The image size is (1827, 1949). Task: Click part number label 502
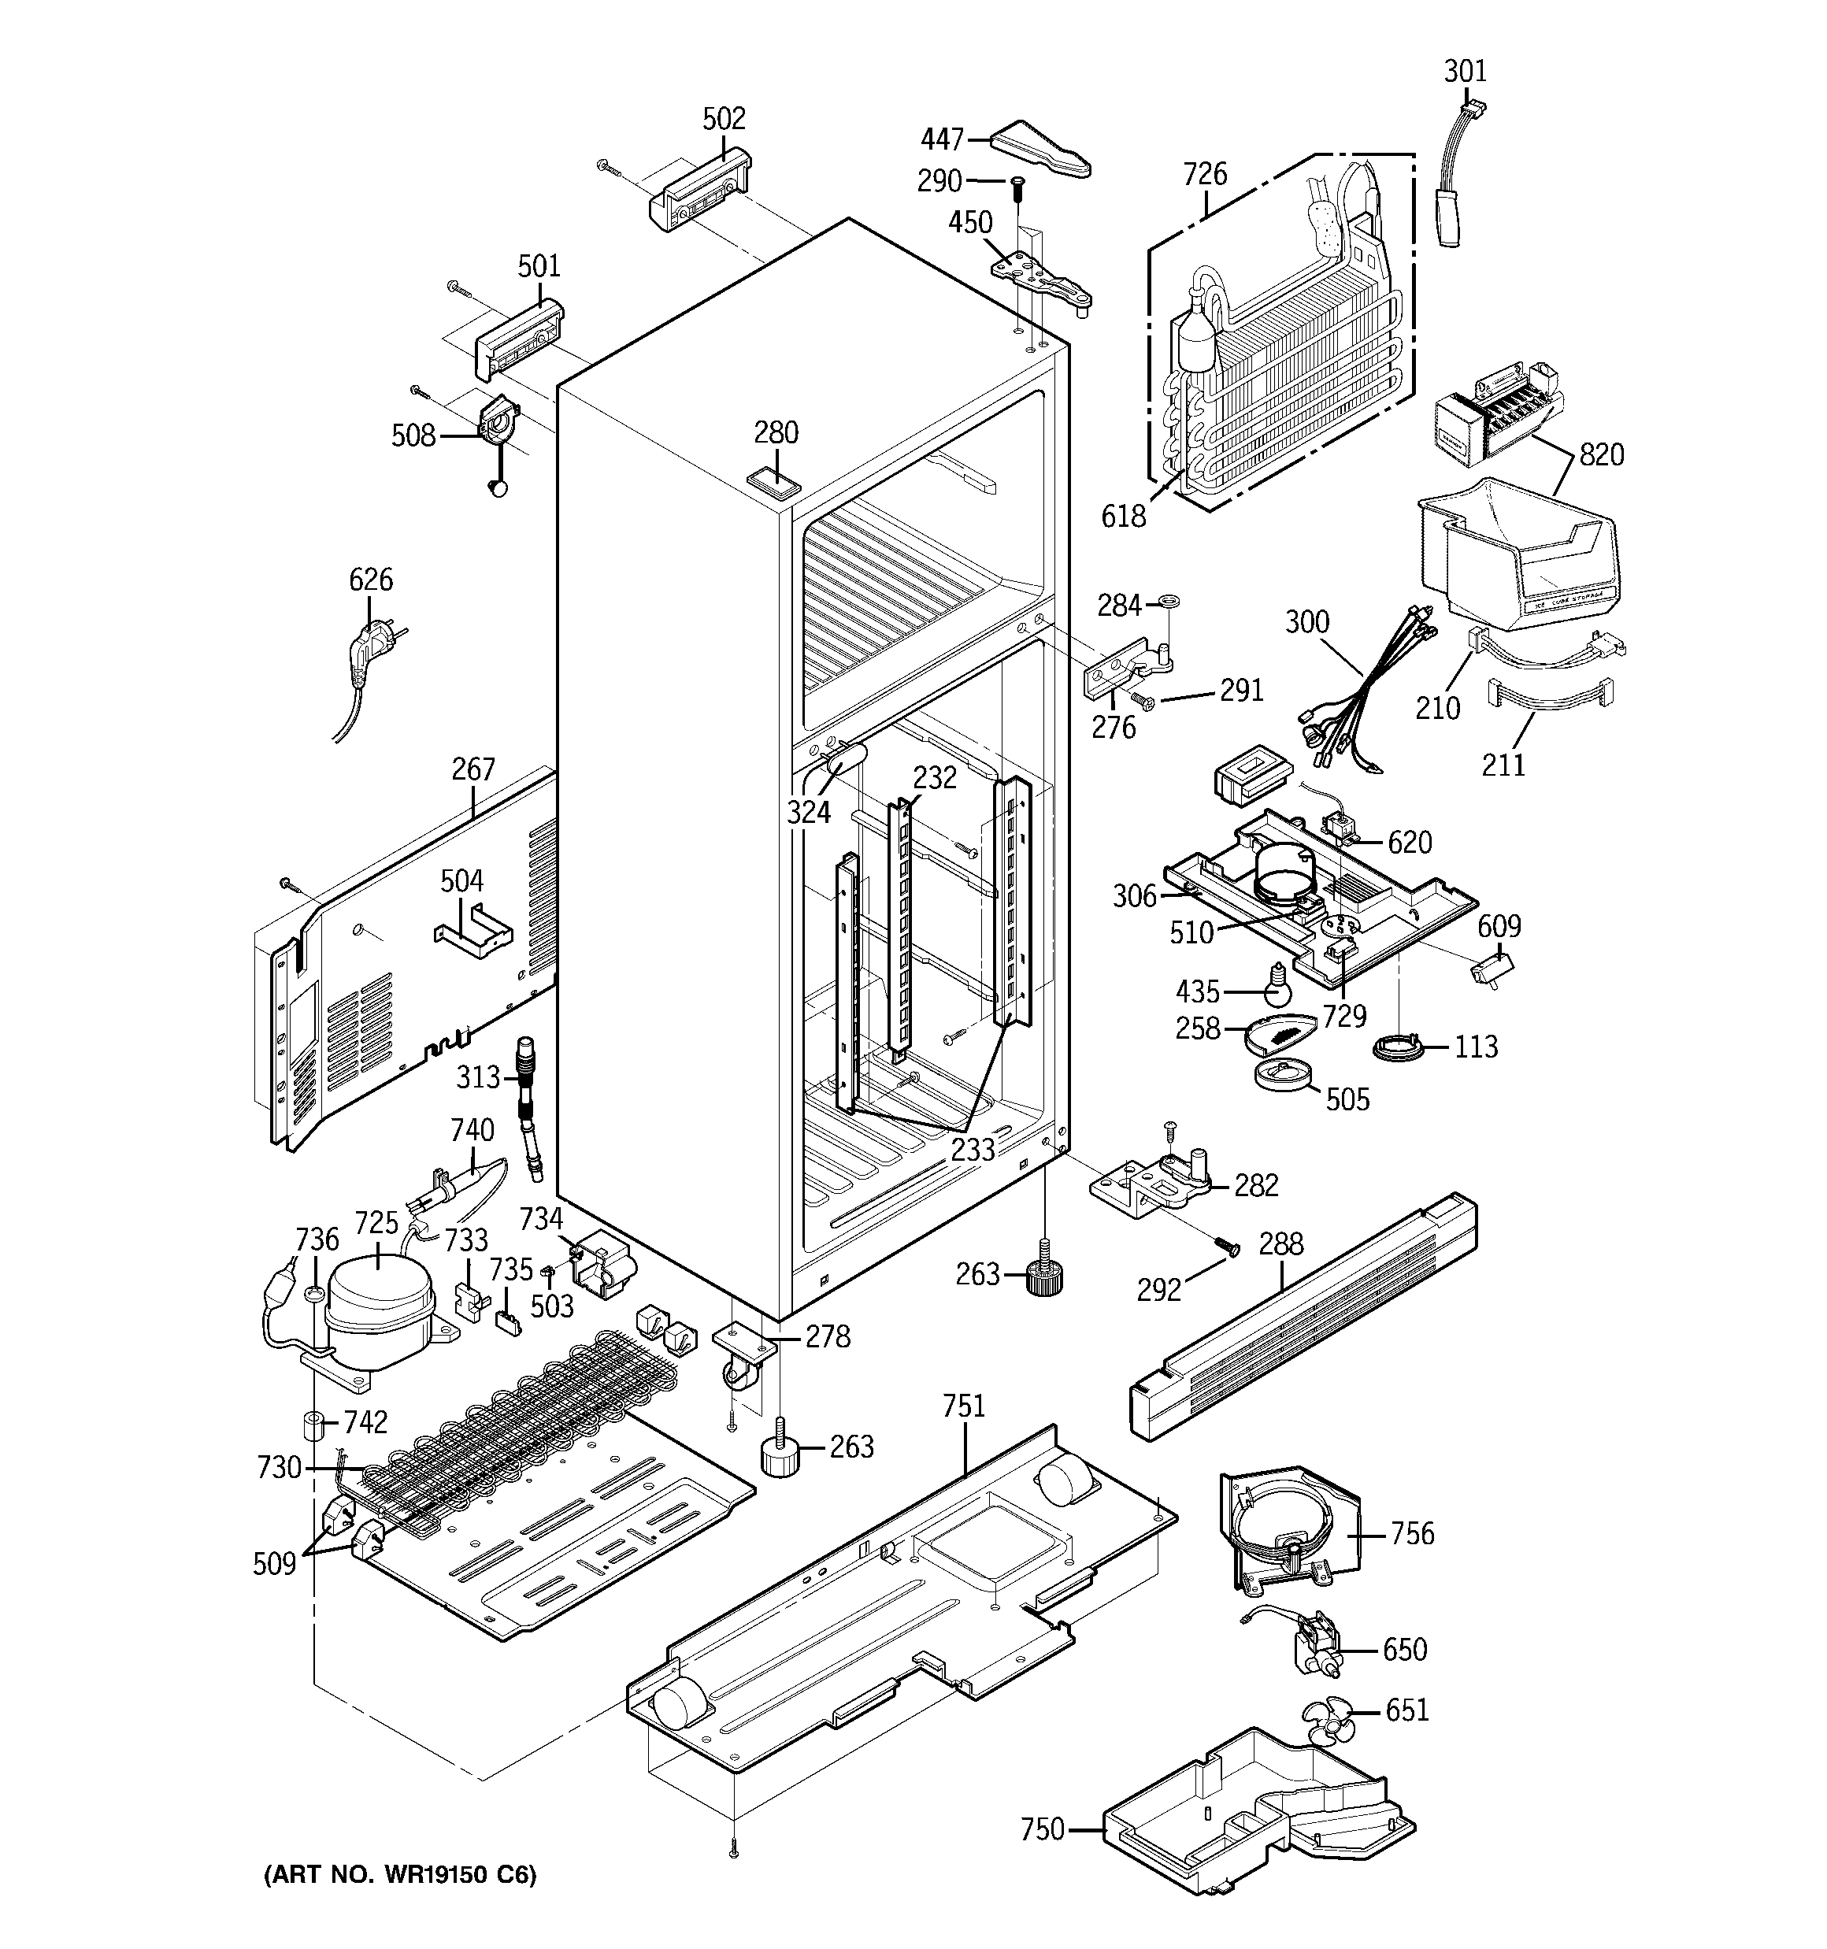click(724, 119)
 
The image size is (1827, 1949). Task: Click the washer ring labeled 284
click(1167, 601)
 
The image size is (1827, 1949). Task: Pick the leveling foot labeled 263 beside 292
click(1047, 1276)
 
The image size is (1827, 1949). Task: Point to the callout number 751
click(963, 1406)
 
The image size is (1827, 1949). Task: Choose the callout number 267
click(472, 769)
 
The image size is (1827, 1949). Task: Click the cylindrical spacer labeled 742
click(313, 1424)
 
